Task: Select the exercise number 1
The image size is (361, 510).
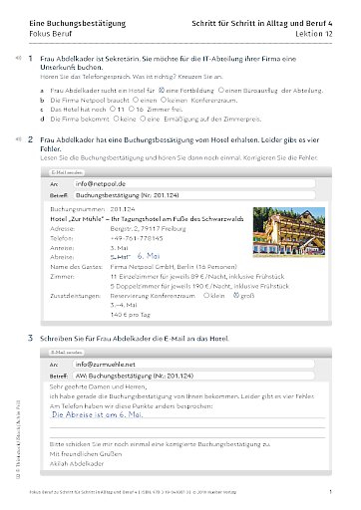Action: coord(30,61)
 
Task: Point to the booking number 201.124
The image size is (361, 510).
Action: coord(129,210)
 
